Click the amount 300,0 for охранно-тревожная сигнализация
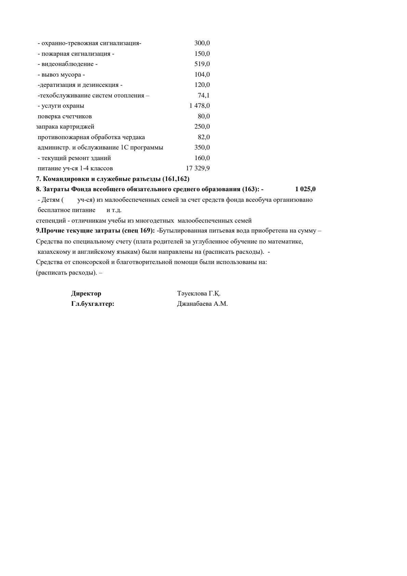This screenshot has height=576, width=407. coord(202,43)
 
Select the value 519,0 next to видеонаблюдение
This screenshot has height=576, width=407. coord(202,64)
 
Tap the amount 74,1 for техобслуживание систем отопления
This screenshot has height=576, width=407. coord(204,95)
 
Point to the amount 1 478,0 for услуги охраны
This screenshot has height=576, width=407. coord(200,106)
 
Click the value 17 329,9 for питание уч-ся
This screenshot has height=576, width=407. coord(198,168)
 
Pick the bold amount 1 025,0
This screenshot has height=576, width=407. coord(306,189)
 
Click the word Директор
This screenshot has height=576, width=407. coord(86,293)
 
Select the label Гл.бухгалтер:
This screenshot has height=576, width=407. coord(93,304)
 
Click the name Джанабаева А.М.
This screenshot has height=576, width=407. coord(202,304)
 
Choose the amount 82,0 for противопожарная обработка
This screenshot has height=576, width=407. coord(204,137)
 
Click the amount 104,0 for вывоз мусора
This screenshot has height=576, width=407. coord(202,75)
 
